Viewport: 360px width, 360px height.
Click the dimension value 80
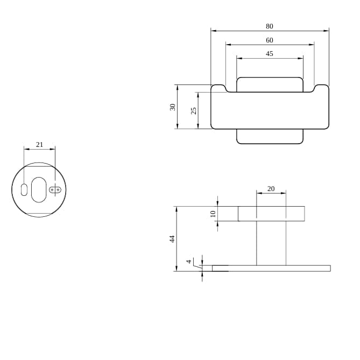269,26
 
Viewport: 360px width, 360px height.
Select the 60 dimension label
269,40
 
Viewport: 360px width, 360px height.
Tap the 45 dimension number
269,54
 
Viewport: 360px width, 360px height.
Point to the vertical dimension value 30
173,107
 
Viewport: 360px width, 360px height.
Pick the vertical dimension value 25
194,110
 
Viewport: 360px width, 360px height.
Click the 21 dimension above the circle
39,145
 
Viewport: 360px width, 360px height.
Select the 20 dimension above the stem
271,188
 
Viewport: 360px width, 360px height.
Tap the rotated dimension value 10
213,214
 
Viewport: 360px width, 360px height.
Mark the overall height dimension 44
173,239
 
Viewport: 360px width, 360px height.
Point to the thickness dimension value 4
189,262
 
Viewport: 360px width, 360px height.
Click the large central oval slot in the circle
39,189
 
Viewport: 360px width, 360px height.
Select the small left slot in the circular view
24,189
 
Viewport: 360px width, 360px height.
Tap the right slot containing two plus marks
55,189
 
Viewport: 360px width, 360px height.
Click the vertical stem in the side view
271,243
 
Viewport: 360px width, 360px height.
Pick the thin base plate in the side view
271,268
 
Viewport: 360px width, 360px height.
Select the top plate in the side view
271,214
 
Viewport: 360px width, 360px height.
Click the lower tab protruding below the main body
270,137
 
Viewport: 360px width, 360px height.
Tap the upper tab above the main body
270,84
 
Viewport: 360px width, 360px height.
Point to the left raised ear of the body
218,88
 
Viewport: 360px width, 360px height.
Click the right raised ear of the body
321,88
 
